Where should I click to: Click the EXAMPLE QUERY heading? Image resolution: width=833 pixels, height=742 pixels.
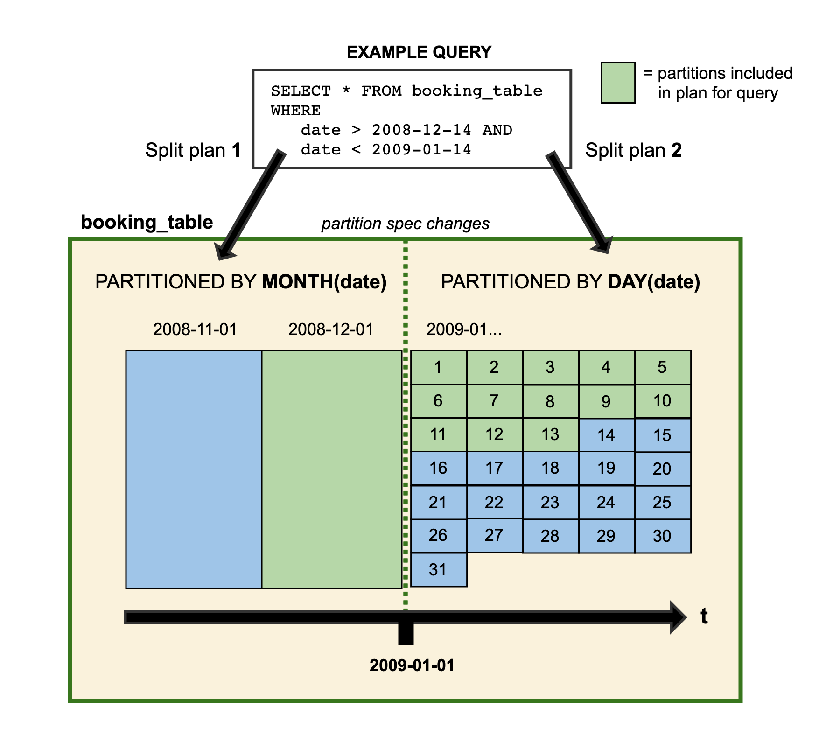click(x=419, y=52)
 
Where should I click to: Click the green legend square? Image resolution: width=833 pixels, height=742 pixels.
click(x=617, y=83)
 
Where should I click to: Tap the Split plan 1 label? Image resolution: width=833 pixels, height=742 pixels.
click(x=193, y=150)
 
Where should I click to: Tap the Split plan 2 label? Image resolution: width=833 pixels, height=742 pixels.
click(x=633, y=150)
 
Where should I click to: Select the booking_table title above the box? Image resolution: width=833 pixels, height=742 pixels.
click(x=147, y=222)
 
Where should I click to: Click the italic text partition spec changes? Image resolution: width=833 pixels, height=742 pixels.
click(x=405, y=224)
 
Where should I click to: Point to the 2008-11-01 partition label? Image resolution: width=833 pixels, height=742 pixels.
click(x=195, y=329)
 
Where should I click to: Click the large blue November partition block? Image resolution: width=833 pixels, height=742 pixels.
click(x=194, y=469)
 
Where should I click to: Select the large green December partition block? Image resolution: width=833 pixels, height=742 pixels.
click(x=331, y=469)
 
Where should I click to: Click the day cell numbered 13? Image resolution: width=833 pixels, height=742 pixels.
click(x=550, y=434)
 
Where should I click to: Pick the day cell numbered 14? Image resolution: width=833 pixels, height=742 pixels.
click(x=606, y=435)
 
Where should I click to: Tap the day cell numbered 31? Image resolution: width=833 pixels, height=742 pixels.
click(x=438, y=569)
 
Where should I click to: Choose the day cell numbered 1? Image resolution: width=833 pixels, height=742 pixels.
click(x=438, y=367)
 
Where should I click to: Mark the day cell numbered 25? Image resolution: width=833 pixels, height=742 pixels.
click(x=662, y=502)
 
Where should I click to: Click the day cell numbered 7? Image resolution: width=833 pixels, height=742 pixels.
click(x=494, y=401)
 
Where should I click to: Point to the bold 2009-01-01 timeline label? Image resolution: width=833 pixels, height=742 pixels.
click(x=412, y=665)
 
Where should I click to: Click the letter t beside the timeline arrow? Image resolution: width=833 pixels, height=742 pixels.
click(x=704, y=616)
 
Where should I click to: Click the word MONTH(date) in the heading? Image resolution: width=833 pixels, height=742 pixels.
click(x=324, y=282)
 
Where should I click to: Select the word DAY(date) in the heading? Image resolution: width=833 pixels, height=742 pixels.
click(x=654, y=282)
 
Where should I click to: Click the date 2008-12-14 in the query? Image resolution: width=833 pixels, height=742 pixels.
click(x=421, y=130)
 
